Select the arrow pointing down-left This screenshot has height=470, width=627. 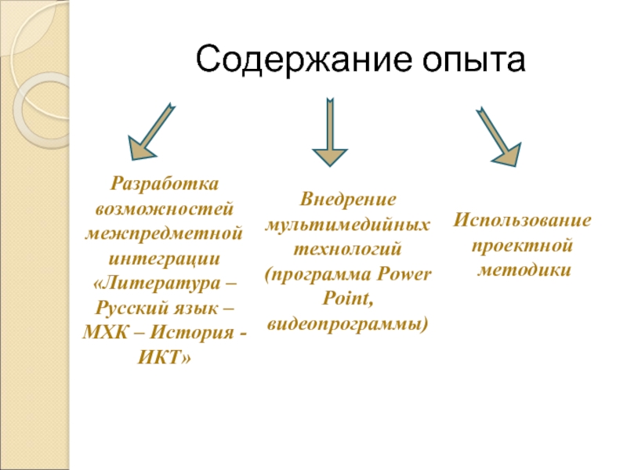pyautogui.click(x=151, y=128)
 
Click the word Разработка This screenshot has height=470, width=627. pyautogui.click(x=165, y=186)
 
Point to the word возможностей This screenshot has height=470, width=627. pyautogui.click(x=165, y=210)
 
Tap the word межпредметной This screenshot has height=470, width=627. pyautogui.click(x=165, y=234)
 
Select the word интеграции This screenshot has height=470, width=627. pyautogui.click(x=165, y=258)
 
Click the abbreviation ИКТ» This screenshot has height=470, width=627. pyautogui.click(x=165, y=356)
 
